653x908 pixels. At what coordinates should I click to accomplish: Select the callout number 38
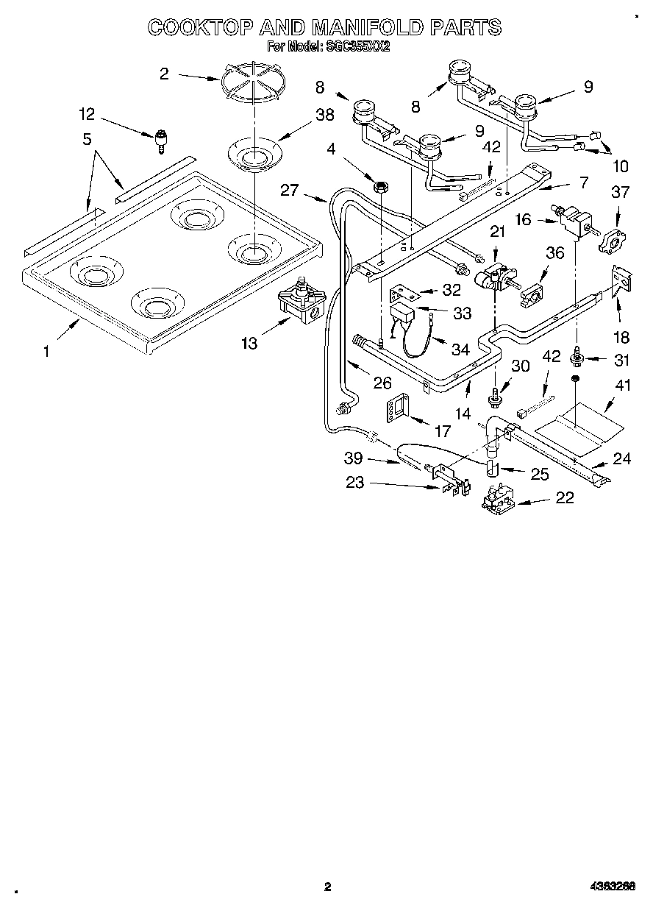(x=325, y=115)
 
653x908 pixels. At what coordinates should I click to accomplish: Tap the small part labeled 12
(x=161, y=140)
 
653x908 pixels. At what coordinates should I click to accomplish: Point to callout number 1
(x=46, y=352)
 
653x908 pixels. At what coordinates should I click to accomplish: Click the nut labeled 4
(x=381, y=187)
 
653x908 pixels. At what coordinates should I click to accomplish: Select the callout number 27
(x=290, y=191)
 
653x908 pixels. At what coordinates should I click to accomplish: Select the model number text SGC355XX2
(x=357, y=46)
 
